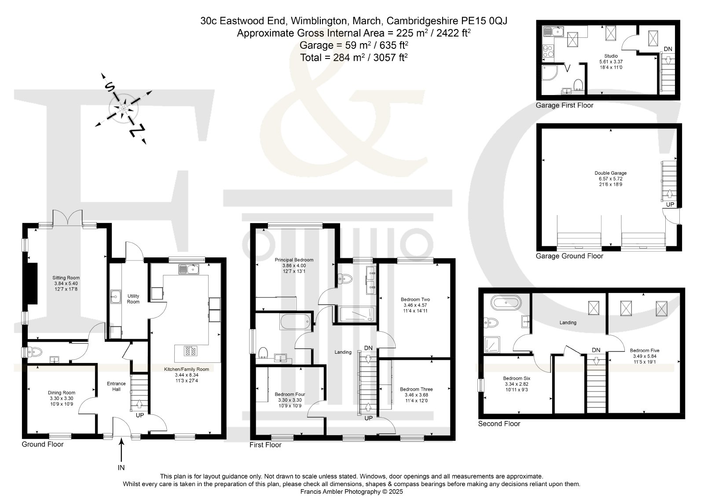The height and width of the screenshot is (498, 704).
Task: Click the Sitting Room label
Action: coord(66,278)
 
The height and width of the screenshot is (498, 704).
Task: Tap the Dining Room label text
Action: coord(62,392)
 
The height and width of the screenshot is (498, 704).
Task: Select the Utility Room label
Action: coord(133,299)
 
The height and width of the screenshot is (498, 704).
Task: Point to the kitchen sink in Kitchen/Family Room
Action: coord(189,269)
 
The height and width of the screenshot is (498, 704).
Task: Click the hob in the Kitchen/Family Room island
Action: coord(191,351)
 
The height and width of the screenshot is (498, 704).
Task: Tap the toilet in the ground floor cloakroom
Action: coord(35,352)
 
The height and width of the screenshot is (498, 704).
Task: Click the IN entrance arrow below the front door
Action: coord(121,450)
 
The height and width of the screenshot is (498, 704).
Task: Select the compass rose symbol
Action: coord(124,109)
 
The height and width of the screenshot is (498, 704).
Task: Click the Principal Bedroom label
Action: coord(294,260)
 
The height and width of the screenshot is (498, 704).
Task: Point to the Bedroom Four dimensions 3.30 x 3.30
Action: coord(290,400)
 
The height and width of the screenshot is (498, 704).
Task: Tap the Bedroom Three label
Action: coord(416,389)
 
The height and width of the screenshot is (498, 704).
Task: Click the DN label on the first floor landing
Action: coord(368,348)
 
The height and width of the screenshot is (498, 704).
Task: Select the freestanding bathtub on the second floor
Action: coord(506,303)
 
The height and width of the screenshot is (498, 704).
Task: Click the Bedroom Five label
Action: coord(645,350)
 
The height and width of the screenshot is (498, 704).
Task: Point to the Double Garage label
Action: coord(611,173)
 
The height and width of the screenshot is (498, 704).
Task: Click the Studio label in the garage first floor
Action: coord(611,56)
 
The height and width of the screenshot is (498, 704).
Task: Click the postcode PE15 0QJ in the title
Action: coord(484,21)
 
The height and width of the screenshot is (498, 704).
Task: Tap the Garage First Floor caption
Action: coord(565,105)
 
